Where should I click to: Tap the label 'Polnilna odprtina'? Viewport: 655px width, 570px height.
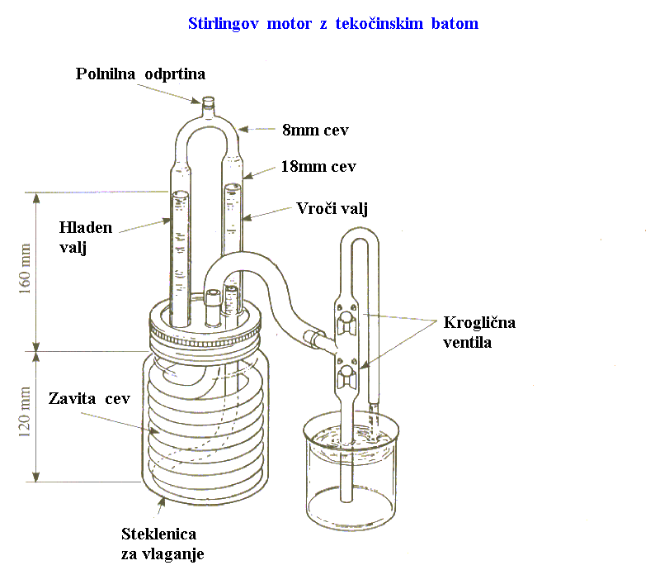(140, 74)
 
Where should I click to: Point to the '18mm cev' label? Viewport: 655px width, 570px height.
(318, 166)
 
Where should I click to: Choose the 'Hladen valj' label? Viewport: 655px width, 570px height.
(86, 235)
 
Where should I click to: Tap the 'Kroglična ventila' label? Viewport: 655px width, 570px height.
(478, 331)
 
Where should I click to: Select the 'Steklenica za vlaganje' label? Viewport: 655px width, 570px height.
(163, 543)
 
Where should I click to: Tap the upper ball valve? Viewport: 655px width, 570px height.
(346, 317)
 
